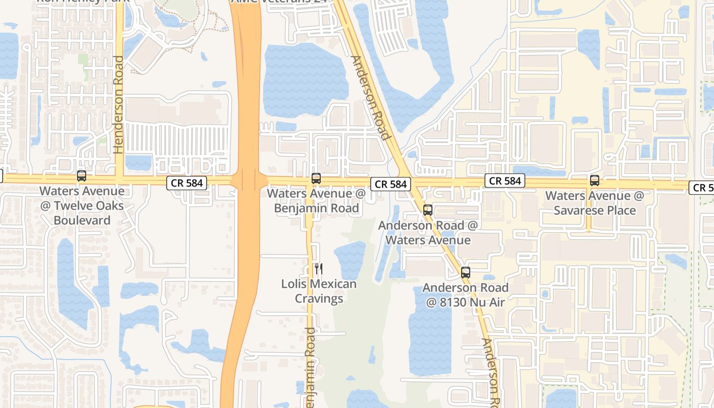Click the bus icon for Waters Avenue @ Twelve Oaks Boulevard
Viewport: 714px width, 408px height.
81,176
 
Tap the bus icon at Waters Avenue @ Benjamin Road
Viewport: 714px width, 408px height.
316,178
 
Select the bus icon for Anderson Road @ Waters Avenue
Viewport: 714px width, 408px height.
427,210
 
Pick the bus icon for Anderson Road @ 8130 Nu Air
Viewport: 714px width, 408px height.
465,272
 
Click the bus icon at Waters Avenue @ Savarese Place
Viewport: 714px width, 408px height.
594,180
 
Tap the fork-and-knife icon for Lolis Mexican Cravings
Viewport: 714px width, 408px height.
319,268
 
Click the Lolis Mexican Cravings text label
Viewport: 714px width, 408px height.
319,291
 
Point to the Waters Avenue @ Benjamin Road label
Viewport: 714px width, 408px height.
316,200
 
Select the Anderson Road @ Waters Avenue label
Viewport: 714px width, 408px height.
428,233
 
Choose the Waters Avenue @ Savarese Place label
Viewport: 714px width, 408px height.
595,203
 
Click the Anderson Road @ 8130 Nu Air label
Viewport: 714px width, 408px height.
465,295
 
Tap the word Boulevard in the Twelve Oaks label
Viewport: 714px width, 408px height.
82,220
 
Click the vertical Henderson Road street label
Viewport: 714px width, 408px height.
119,105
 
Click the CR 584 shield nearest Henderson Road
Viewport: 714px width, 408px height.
187,183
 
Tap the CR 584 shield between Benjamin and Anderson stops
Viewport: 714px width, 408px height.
391,184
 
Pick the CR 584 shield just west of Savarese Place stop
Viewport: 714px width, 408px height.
505,181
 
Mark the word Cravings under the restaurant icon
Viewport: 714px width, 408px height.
319,298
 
